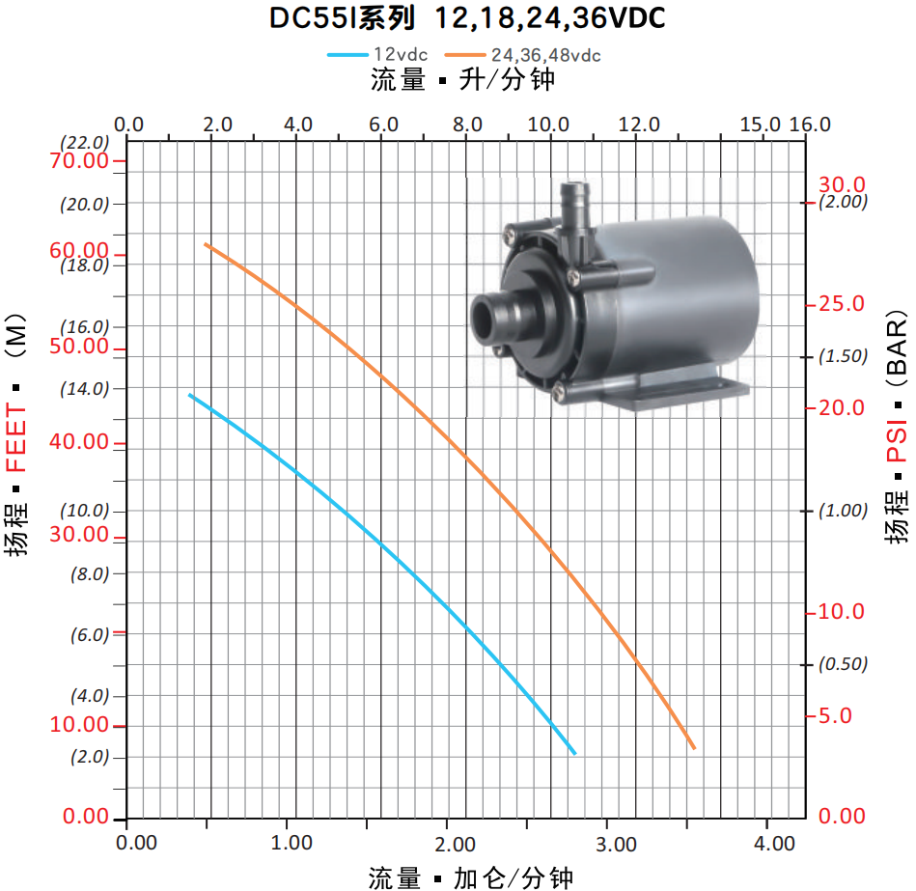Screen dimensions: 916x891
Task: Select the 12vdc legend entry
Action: [377, 54]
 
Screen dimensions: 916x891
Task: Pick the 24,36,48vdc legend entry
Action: [522, 55]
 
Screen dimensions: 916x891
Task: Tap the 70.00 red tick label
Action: [79, 160]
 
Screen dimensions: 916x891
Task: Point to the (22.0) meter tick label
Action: [85, 143]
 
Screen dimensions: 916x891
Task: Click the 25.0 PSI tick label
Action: [842, 304]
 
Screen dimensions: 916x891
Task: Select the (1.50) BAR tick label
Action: [843, 356]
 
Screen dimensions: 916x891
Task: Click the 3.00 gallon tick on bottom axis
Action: [616, 844]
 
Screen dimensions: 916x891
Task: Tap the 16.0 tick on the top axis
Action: [810, 125]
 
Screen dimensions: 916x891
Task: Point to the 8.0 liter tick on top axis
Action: [467, 125]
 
